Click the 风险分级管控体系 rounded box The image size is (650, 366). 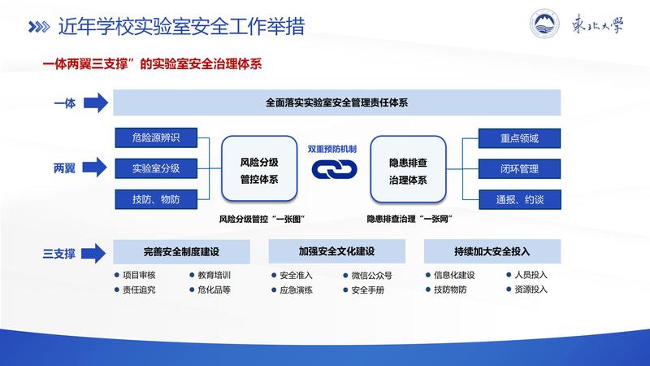point(258,169)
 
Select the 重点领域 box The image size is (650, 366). point(519,137)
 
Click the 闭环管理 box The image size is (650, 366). point(519,168)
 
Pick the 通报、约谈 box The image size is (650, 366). point(519,199)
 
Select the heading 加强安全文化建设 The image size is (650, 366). point(336,251)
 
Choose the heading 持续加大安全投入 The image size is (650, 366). point(492,251)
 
